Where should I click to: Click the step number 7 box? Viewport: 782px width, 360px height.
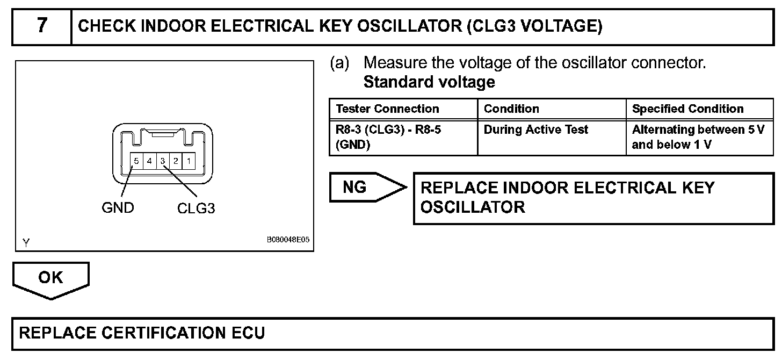click(42, 26)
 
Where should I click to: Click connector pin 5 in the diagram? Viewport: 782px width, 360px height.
click(137, 161)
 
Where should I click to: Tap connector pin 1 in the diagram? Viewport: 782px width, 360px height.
click(189, 161)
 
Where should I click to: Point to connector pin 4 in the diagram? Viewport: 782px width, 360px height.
click(150, 161)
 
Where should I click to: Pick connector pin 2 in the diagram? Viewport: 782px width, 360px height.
click(176, 161)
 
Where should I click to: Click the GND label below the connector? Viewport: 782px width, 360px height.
click(118, 207)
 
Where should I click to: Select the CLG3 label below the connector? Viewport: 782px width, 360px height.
click(196, 208)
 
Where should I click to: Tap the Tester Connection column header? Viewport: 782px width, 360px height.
click(387, 109)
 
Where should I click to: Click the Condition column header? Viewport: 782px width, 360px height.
click(511, 109)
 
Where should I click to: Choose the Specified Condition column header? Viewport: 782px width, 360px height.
click(687, 109)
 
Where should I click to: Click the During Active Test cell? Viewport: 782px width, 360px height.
click(535, 129)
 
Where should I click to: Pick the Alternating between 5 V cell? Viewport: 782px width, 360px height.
click(698, 137)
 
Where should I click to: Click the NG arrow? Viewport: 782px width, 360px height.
click(365, 187)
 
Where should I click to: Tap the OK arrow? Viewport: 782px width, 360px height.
click(50, 278)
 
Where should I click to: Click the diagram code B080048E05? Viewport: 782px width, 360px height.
click(288, 241)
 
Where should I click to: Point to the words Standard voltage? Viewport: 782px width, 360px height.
click(429, 82)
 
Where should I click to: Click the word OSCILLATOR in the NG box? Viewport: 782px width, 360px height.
click(472, 207)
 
